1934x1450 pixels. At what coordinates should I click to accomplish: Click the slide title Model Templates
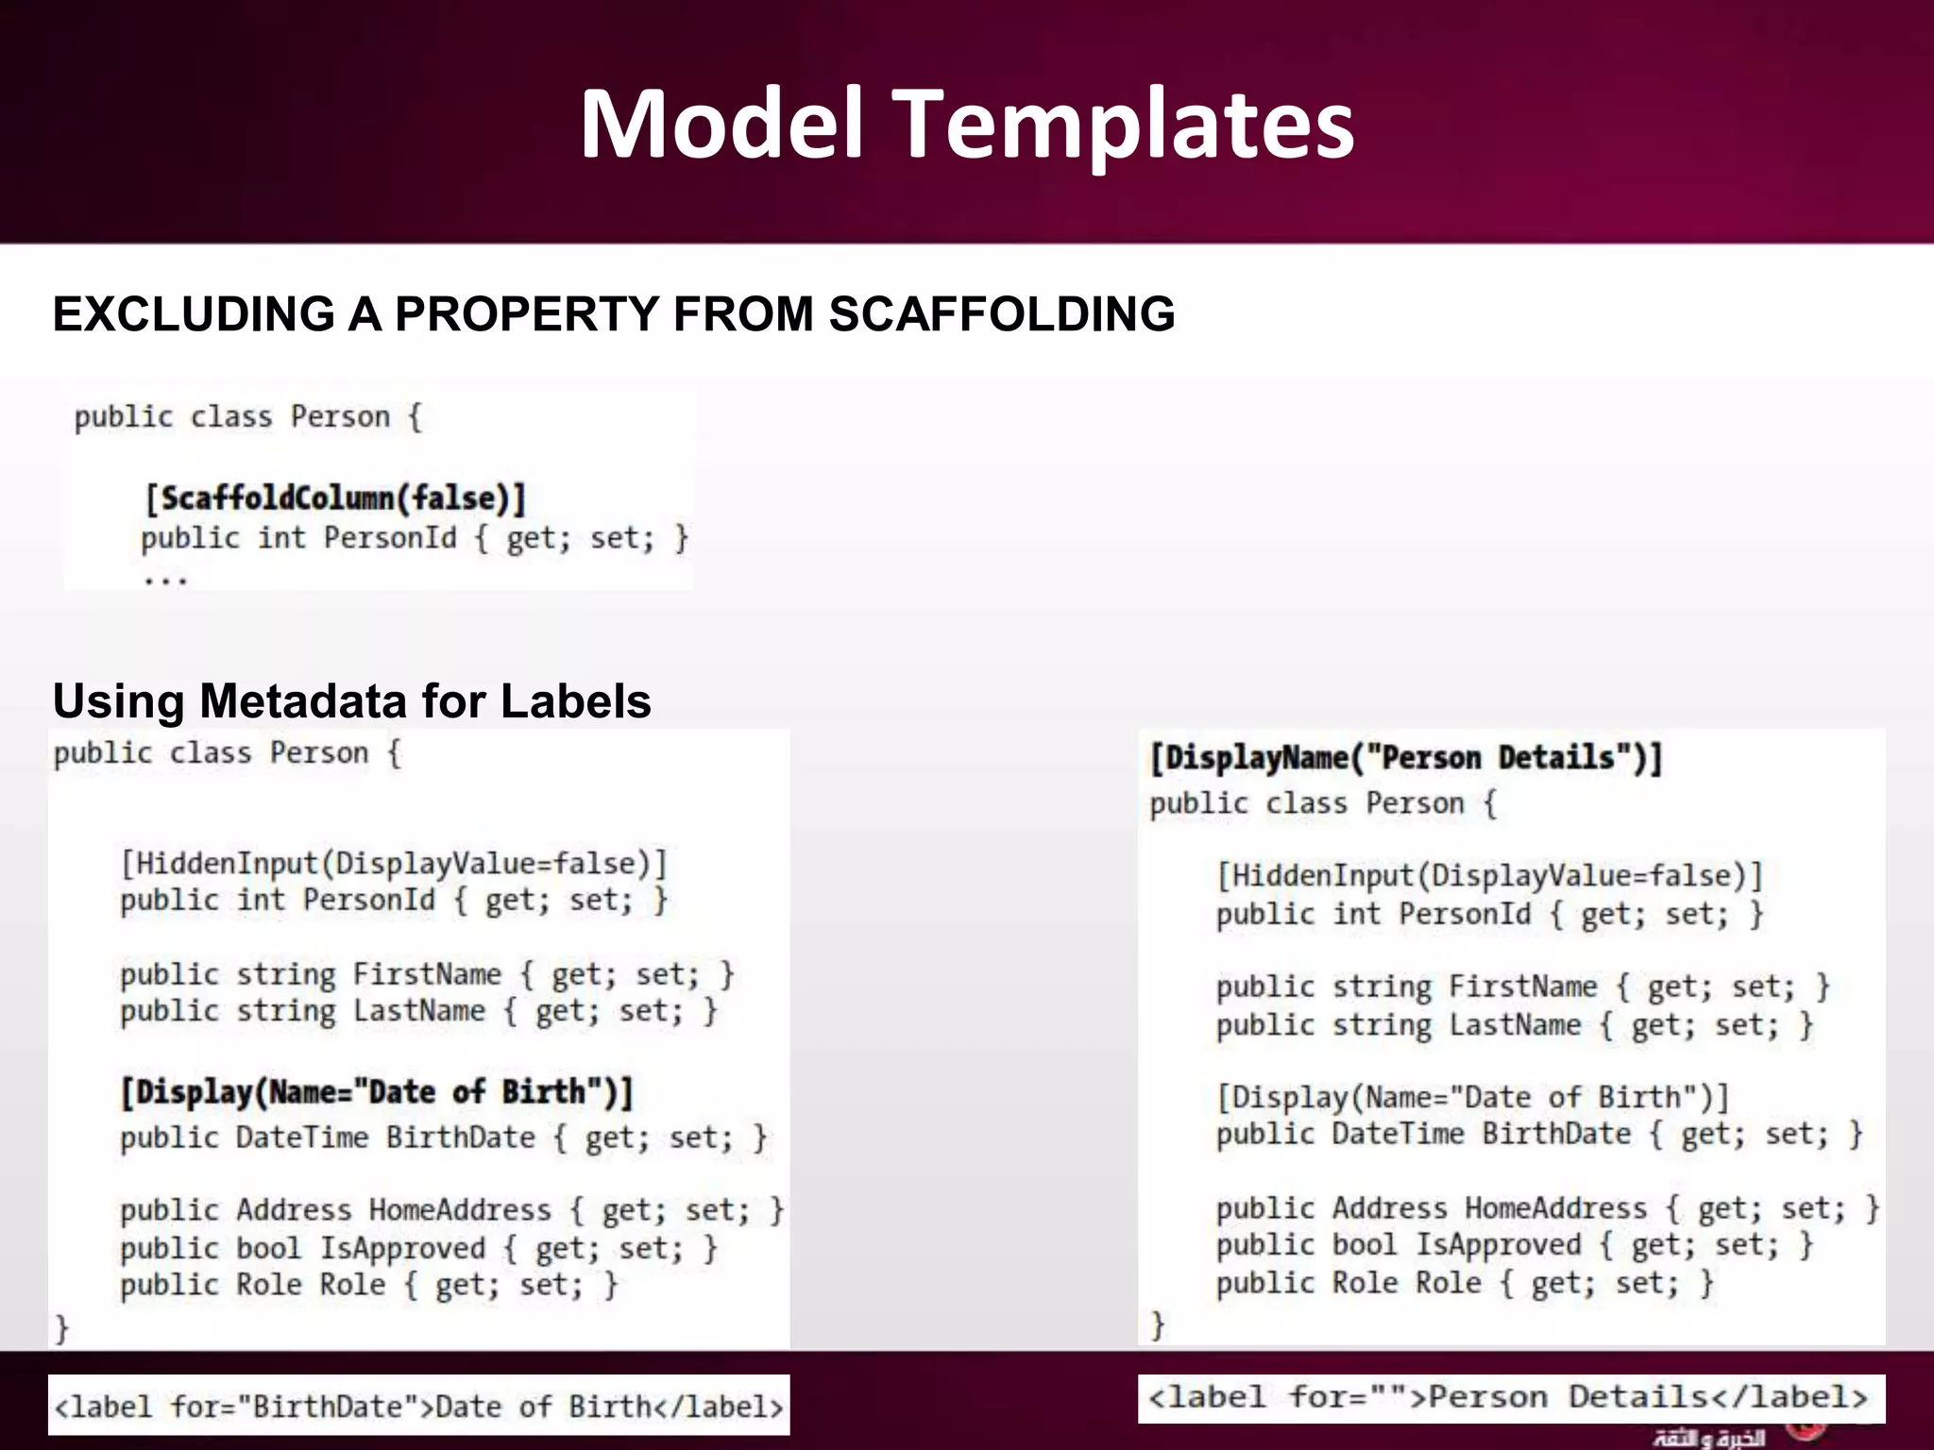[967, 124]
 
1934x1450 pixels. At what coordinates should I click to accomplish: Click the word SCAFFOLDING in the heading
[1002, 314]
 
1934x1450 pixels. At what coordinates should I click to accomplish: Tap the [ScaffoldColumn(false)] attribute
[335, 497]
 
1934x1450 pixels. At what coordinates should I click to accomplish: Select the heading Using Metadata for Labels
[351, 701]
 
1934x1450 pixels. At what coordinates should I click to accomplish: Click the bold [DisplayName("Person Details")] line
[1405, 758]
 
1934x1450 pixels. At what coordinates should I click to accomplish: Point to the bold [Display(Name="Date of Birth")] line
[376, 1092]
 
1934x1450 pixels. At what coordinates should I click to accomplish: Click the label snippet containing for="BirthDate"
[418, 1407]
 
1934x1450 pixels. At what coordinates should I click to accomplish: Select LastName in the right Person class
[1515, 1025]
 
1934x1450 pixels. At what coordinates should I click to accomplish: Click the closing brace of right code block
[1158, 1324]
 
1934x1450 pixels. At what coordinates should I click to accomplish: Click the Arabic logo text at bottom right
[1709, 1438]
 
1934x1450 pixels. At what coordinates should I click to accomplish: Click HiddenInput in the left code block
[227, 863]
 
